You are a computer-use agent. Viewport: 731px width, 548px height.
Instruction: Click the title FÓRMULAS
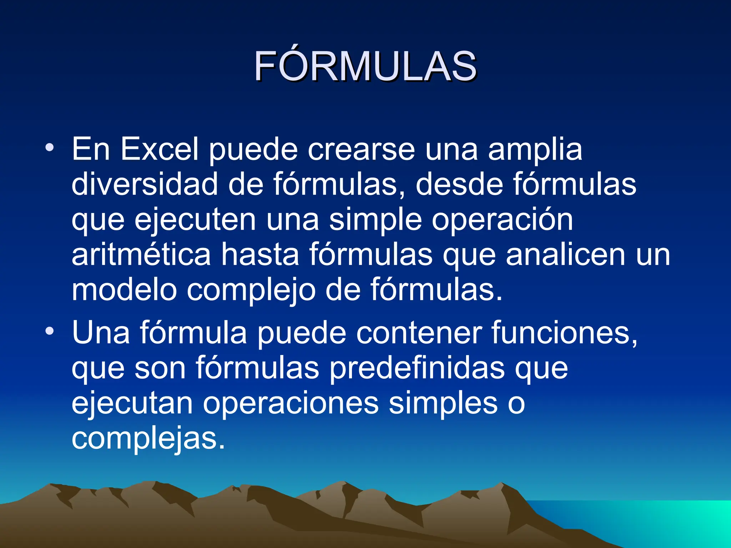coord(365,66)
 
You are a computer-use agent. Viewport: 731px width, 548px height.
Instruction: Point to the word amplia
coord(535,150)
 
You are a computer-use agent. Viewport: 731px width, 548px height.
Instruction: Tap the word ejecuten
coord(195,220)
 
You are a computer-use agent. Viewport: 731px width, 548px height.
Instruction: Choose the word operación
coord(503,220)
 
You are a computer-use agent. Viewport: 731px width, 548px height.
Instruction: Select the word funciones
coord(564,333)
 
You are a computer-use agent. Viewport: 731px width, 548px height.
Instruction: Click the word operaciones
coord(291,403)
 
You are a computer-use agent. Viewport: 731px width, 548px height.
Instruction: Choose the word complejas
coord(148,439)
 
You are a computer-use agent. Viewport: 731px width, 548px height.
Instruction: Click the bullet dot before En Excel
coord(50,147)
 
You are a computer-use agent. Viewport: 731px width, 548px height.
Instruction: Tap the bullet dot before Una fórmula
coord(50,331)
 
